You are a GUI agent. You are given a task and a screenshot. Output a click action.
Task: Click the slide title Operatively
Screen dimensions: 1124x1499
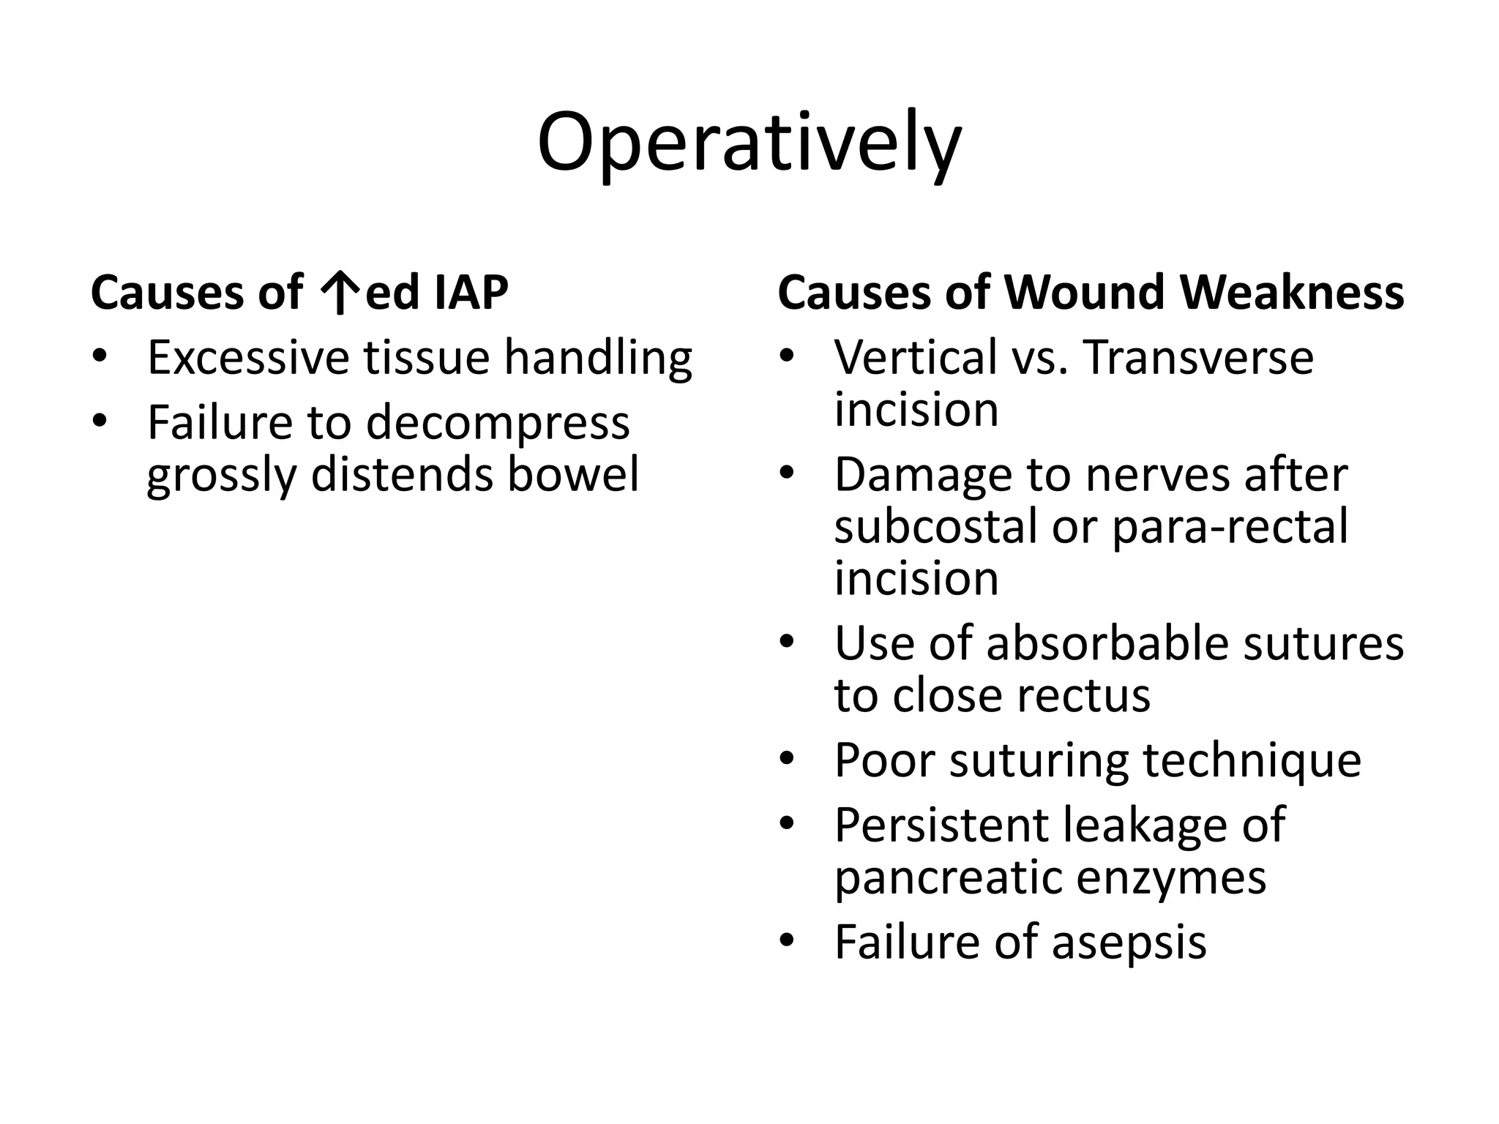(749, 143)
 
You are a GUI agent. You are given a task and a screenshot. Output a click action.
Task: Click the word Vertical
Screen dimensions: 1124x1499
(916, 358)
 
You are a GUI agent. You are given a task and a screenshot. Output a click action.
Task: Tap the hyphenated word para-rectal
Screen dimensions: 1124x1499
(1229, 528)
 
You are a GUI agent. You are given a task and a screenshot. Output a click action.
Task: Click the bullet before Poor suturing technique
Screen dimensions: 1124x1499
(787, 761)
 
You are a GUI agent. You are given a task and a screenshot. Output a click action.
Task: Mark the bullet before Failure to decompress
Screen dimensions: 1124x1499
(100, 423)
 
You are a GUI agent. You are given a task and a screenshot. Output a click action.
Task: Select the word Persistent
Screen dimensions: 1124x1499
(941, 825)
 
